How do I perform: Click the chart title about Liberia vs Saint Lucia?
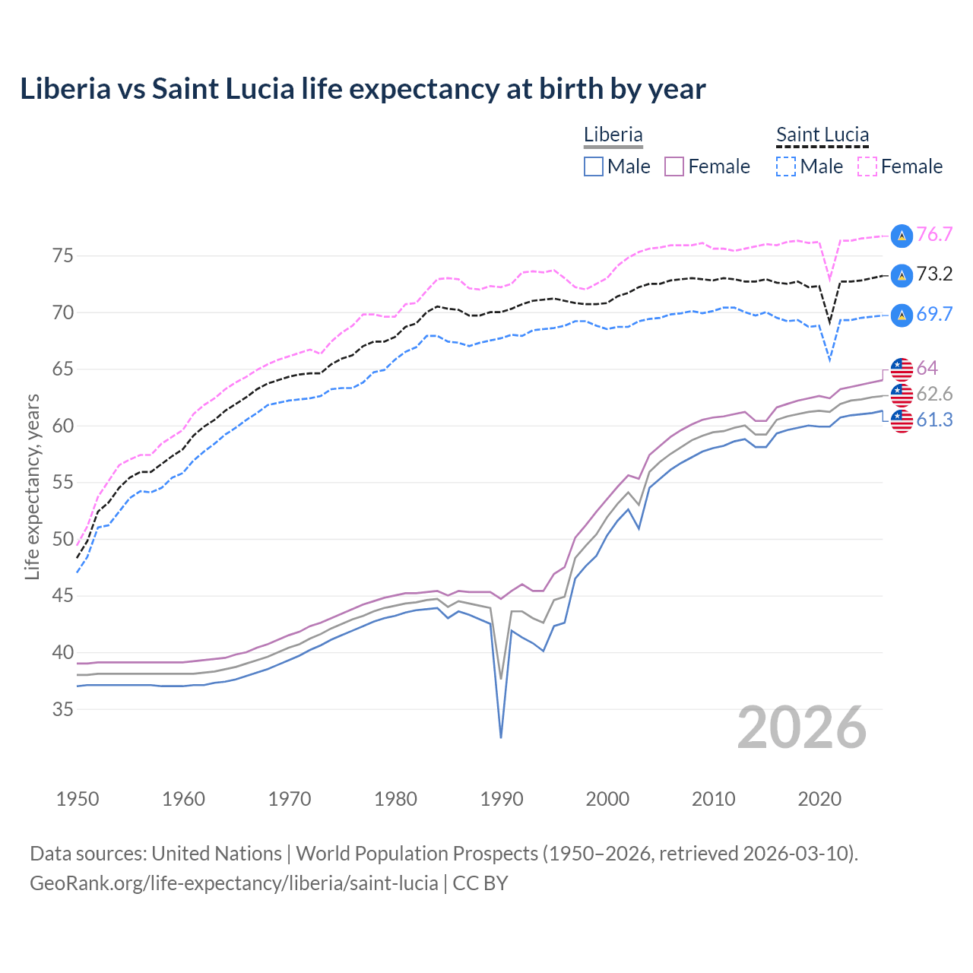(363, 89)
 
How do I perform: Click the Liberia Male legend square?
(594, 166)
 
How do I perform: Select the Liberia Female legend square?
(674, 166)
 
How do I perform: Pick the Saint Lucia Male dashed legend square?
(786, 166)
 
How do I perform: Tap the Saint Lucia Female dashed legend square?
(867, 166)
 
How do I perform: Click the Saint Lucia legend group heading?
(822, 135)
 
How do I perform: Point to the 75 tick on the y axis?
(63, 256)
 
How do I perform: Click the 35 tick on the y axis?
(63, 710)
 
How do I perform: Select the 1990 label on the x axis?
(502, 799)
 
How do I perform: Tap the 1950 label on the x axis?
(78, 799)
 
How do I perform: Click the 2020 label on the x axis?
(819, 799)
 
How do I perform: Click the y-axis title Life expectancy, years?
(33, 486)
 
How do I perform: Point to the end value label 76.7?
(934, 235)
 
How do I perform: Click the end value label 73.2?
(934, 274)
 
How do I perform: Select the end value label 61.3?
(934, 420)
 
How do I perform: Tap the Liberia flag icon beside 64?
(902, 369)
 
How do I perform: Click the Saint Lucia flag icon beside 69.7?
(902, 315)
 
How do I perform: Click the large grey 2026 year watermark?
(802, 728)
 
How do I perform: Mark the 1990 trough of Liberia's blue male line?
(501, 737)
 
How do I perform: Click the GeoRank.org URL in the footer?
(234, 883)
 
